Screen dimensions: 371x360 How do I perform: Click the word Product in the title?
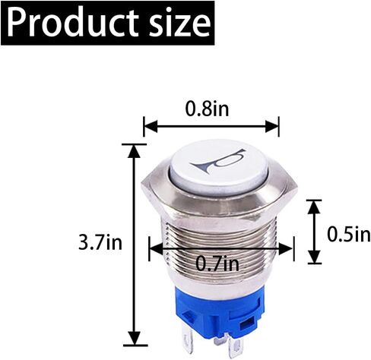pyautogui.click(x=73, y=23)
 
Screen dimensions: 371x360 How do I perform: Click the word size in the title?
pyautogui.click(x=179, y=23)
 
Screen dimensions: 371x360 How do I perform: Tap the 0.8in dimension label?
pyautogui.click(x=207, y=109)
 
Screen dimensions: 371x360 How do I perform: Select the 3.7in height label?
pyautogui.click(x=100, y=242)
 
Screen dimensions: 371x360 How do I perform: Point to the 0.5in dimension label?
pyautogui.click(x=349, y=234)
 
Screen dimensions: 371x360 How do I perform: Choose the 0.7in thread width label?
pyautogui.click(x=217, y=264)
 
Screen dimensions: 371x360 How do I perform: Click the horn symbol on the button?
pyautogui.click(x=217, y=161)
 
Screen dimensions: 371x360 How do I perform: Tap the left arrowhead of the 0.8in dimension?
pyautogui.click(x=151, y=126)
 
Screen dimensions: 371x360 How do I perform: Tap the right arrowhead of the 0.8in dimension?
pyautogui.click(x=272, y=126)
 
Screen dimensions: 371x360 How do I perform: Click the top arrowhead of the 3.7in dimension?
pyautogui.click(x=134, y=151)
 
